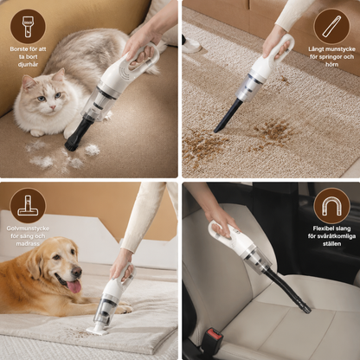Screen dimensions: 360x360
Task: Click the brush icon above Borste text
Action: [x=28, y=27]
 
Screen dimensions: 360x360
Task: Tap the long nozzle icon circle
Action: [x=331, y=27]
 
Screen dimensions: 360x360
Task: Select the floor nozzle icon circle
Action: [x=28, y=206]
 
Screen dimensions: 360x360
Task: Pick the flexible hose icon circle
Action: [x=331, y=206]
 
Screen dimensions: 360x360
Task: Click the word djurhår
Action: [x=28, y=64]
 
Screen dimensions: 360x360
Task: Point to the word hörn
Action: [x=331, y=64]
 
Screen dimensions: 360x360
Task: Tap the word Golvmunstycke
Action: [x=28, y=228]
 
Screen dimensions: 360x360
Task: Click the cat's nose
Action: [x=53, y=107]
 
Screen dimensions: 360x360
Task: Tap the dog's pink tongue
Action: [x=74, y=287]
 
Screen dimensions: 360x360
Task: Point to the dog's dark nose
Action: [x=76, y=272]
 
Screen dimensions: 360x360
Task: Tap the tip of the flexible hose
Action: [x=307, y=310]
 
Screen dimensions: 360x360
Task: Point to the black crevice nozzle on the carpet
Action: [x=227, y=115]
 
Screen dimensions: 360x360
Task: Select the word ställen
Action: [x=331, y=244]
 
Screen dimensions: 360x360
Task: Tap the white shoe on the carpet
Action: [x=191, y=44]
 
